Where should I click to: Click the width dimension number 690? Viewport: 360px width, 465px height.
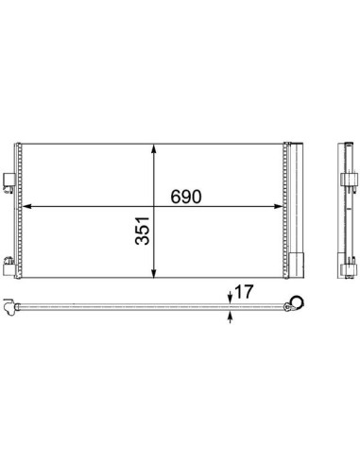185,197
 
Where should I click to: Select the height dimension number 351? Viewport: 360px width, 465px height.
142,231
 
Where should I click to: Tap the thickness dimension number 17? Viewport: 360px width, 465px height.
244,292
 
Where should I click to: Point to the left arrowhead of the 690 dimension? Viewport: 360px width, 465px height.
27,206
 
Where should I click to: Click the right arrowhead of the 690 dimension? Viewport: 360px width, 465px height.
279,206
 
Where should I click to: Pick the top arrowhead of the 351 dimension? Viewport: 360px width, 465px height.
154,149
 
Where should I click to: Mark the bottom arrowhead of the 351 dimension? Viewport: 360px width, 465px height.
154,273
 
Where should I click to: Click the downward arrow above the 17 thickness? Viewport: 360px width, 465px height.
231,298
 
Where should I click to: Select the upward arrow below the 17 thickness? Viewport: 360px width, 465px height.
231,317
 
